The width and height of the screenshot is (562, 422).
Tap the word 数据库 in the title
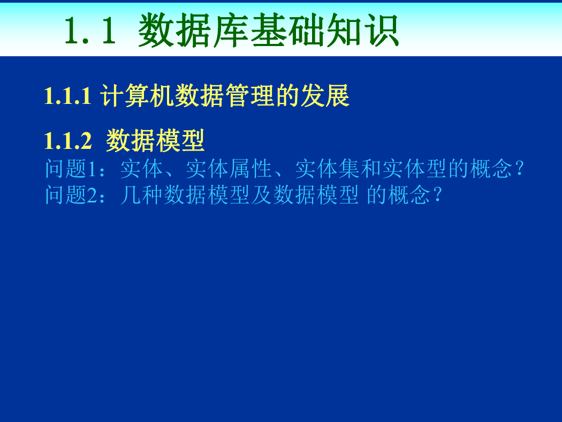coord(194,30)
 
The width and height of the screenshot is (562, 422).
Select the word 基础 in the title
coord(287,30)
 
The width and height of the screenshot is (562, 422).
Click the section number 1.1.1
coord(68,96)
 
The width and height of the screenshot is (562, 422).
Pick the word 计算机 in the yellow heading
coord(137,96)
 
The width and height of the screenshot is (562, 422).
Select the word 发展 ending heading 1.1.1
coord(325,96)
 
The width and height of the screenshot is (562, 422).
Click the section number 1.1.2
coord(68,140)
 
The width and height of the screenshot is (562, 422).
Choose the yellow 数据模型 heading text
coord(155,140)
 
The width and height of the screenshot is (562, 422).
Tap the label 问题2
coord(71,195)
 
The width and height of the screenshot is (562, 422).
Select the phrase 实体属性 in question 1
coord(229,169)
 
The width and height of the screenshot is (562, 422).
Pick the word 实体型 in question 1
coord(415,169)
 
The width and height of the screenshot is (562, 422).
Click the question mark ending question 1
coord(519,168)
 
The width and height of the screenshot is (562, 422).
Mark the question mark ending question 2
coord(437,195)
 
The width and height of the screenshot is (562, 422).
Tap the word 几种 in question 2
coord(142,195)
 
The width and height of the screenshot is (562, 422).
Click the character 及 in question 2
coord(261,195)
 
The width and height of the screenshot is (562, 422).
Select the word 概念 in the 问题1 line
coord(491,169)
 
